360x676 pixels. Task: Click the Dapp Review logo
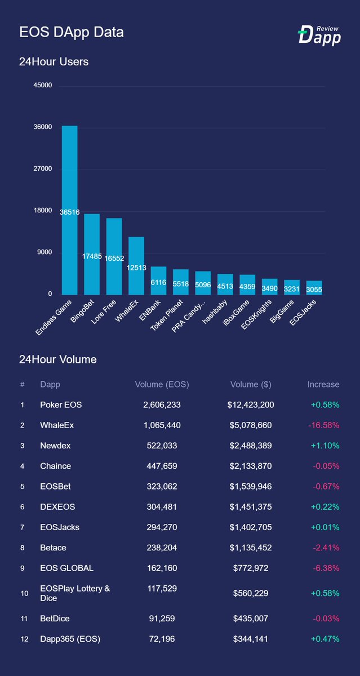319,34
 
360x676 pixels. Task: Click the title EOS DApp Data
72,33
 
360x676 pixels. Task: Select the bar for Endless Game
69,210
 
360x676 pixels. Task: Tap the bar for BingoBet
92,254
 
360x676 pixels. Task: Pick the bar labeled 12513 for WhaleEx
136,265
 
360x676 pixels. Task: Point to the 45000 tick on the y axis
43,86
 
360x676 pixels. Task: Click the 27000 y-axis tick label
43,169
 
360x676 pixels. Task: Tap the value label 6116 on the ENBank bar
158,283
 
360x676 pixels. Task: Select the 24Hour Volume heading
57,359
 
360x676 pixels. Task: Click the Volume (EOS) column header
162,385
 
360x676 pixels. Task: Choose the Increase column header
323,385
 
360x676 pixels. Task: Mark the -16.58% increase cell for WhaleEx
323,425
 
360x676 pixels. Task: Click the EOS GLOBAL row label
66,568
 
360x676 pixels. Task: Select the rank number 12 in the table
23,639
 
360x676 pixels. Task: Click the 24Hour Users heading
54,62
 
